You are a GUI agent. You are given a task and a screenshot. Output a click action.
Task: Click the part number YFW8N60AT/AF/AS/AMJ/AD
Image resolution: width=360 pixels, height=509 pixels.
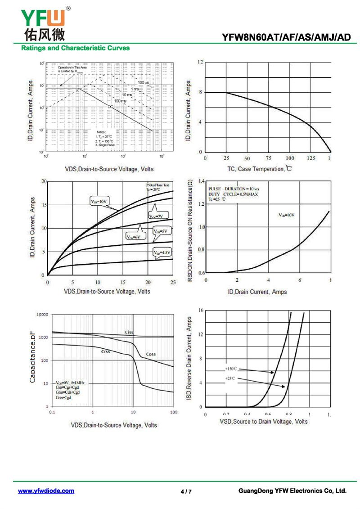pyautogui.click(x=286, y=37)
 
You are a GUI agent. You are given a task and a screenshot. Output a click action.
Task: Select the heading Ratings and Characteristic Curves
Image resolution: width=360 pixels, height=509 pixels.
pyautogui.click(x=76, y=48)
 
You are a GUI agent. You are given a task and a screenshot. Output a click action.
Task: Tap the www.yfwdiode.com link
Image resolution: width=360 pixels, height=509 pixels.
pyautogui.click(x=46, y=491)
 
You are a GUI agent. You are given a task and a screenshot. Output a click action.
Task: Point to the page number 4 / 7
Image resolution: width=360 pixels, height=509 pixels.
pyautogui.click(x=186, y=491)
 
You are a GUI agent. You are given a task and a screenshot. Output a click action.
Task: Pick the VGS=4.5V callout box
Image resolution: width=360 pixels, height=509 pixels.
pyautogui.click(x=162, y=253)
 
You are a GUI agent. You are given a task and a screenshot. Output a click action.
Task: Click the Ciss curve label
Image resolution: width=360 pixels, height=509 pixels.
pyautogui.click(x=129, y=333)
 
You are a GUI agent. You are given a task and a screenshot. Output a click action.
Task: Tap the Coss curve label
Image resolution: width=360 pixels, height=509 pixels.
pyautogui.click(x=151, y=354)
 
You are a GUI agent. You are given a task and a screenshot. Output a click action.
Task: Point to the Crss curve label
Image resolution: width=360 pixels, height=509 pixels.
pyautogui.click(x=105, y=351)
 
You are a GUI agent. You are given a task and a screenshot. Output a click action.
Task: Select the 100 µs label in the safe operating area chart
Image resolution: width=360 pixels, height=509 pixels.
pyautogui.click(x=143, y=83)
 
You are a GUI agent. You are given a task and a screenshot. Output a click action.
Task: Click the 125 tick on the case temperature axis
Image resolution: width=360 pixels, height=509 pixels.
pyautogui.click(x=311, y=158)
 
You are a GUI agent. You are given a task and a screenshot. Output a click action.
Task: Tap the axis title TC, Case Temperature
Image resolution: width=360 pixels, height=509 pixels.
pyautogui.click(x=259, y=169)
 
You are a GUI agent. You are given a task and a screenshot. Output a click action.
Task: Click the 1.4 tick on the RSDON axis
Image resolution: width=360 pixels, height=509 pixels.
pyautogui.click(x=201, y=181)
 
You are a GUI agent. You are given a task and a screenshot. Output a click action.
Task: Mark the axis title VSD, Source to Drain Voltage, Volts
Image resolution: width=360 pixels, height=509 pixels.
pyautogui.click(x=263, y=421)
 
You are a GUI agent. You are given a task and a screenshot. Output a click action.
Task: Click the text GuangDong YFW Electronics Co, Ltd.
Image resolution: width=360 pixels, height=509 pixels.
pyautogui.click(x=292, y=491)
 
